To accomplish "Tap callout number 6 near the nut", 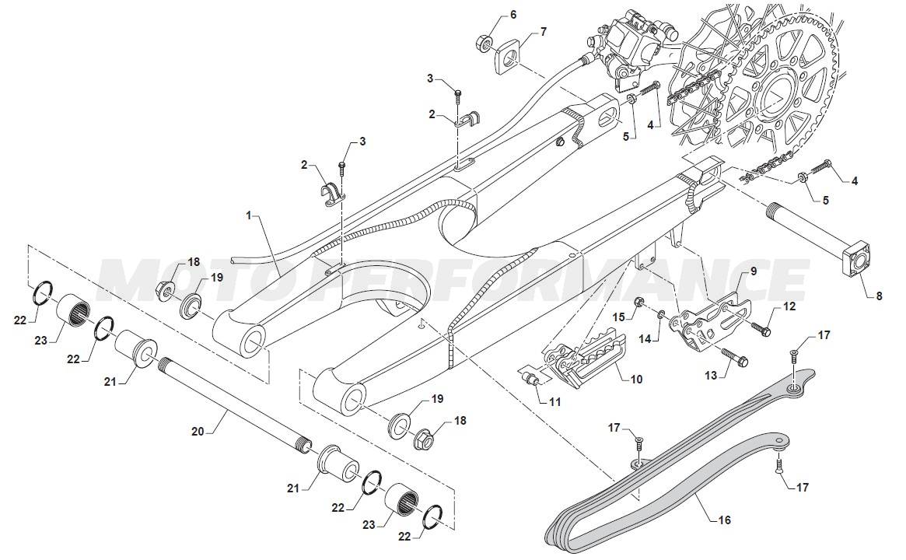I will tap(512, 15).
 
